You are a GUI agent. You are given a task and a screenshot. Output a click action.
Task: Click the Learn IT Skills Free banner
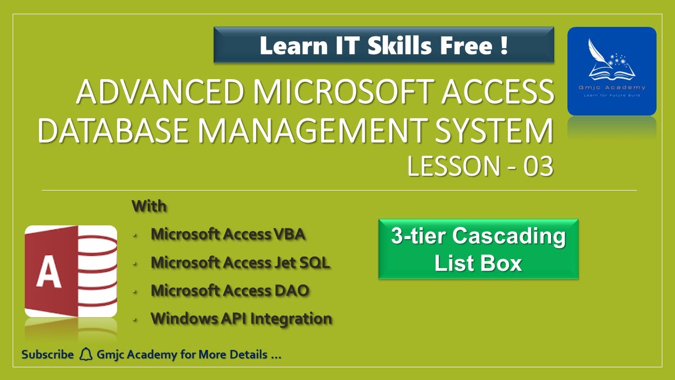pos(383,45)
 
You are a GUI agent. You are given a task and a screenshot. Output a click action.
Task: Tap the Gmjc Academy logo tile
pos(612,71)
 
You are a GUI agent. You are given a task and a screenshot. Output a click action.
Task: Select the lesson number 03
pos(538,167)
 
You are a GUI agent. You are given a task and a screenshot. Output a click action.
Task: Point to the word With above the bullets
pos(149,206)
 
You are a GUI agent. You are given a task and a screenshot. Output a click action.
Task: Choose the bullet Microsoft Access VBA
pos(228,234)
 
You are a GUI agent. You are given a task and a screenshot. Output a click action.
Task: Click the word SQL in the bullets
pos(315,262)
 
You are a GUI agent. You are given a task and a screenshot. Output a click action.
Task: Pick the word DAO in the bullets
pos(292,290)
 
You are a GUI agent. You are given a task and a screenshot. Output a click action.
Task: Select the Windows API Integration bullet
pos(241,319)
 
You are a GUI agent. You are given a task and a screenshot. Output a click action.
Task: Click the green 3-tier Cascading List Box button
pos(478,249)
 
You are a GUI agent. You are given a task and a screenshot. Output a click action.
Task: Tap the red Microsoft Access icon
pos(71,271)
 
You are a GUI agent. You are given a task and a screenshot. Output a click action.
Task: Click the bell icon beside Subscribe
pos(85,355)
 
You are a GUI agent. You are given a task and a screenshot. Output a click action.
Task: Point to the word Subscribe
pos(47,355)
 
